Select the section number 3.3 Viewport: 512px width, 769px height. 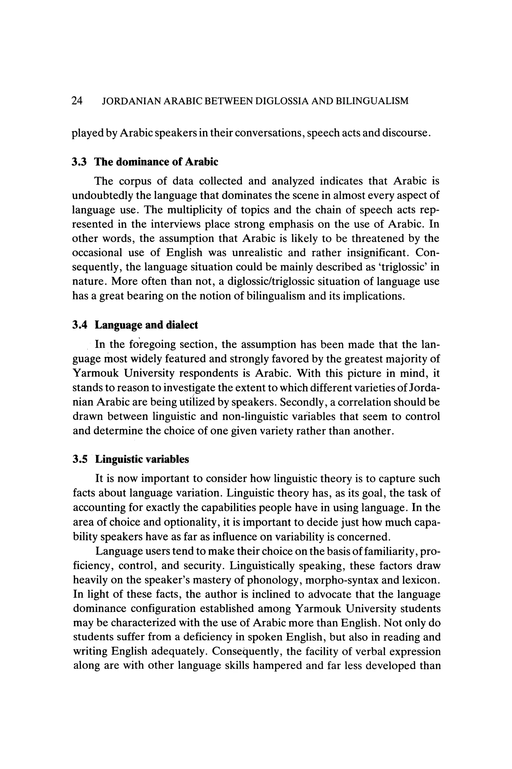tap(79, 162)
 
